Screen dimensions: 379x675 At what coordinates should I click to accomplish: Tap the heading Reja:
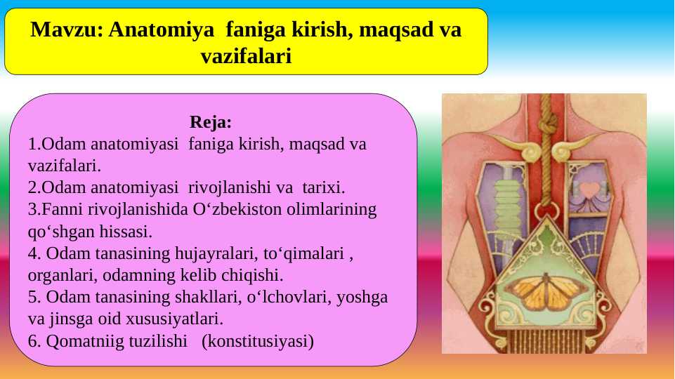211,123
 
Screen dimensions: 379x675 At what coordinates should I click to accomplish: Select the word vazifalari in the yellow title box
246,56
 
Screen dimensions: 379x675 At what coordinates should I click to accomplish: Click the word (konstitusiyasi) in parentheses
258,341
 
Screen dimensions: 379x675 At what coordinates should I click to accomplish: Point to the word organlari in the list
58,275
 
